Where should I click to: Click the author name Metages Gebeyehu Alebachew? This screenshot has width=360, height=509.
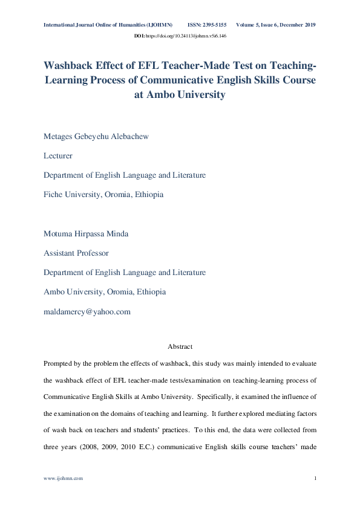coord(96,136)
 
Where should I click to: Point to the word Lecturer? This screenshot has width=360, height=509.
coord(58,155)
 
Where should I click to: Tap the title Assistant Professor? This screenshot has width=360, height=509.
coord(76,253)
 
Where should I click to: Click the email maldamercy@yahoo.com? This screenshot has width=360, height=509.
coord(87,312)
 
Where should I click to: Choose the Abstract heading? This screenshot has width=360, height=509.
coord(180,346)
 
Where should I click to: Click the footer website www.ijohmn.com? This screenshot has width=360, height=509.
coord(63,478)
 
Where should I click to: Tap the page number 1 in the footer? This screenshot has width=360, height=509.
coord(316,478)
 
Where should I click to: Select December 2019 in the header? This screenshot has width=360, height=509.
coord(298,25)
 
